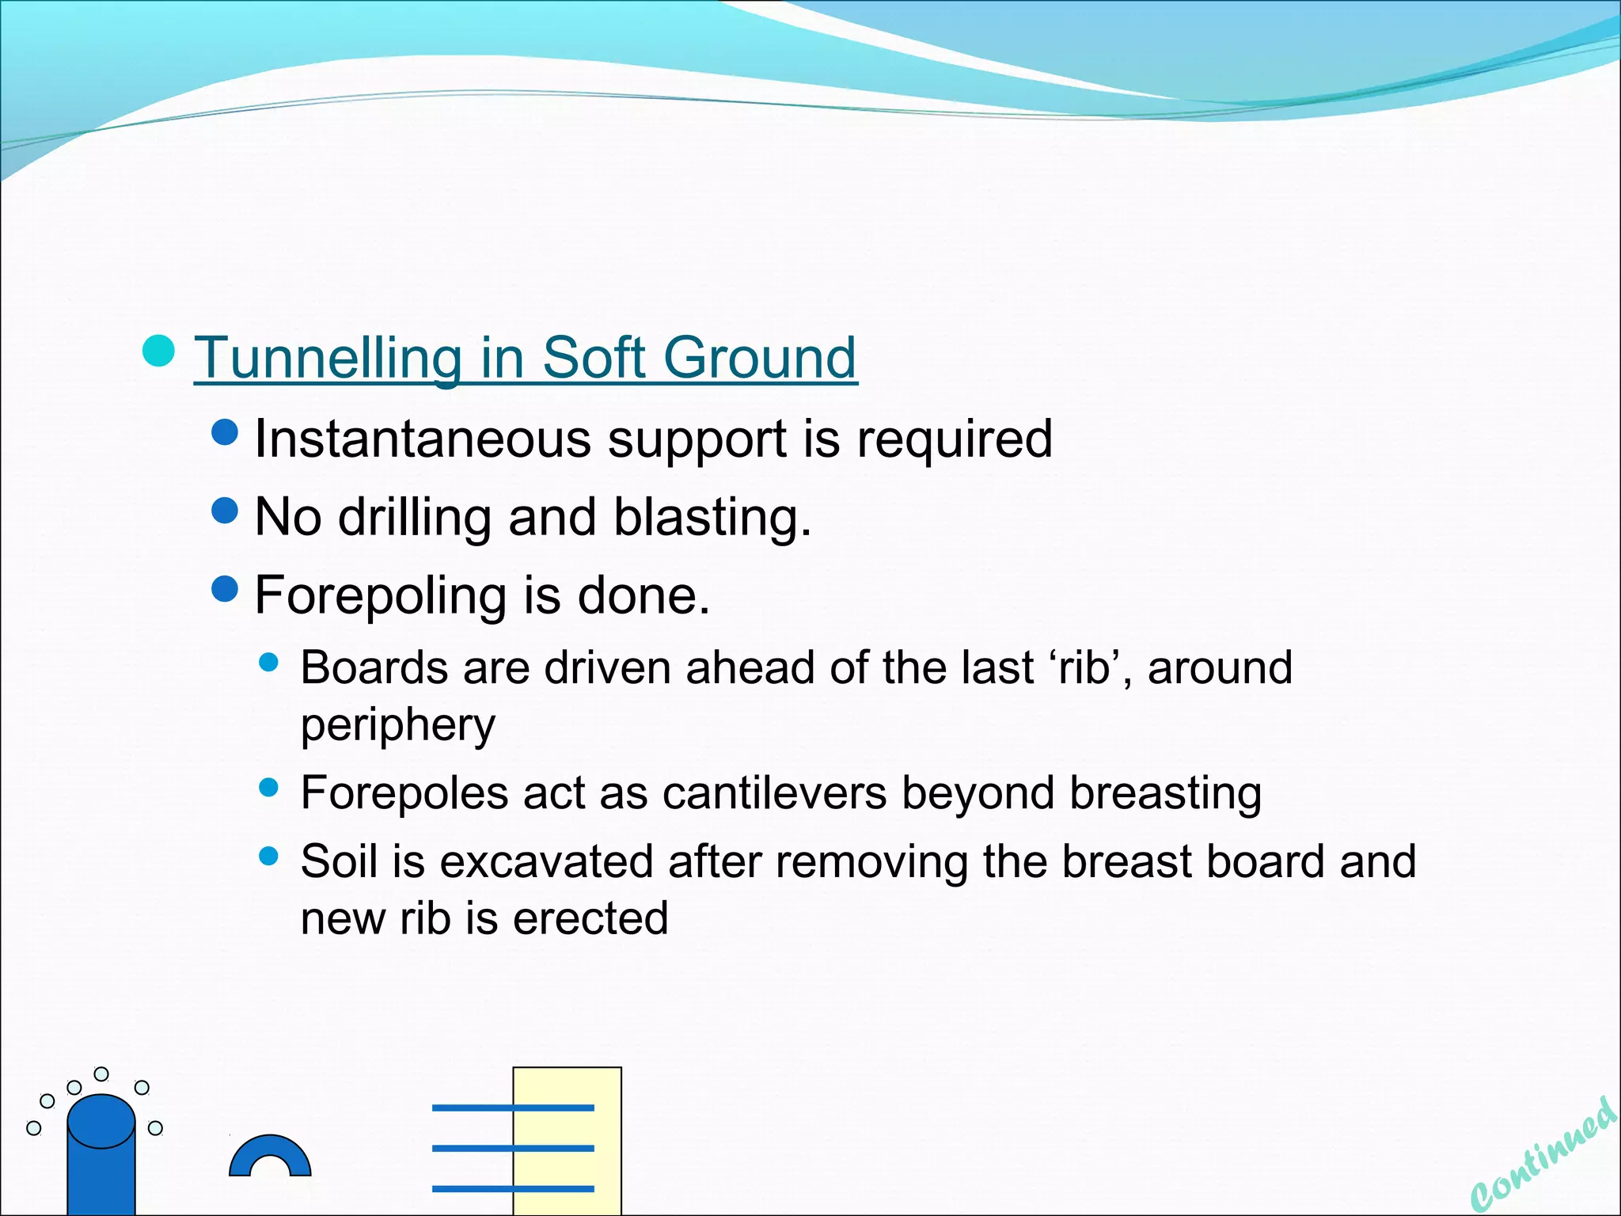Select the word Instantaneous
pos(423,439)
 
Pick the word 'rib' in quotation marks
pos(1084,667)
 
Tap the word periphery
pos(398,724)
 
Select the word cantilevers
pos(774,792)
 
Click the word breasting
pos(1166,792)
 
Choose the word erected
pos(590,918)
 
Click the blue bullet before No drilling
pos(226,511)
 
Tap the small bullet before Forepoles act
pos(269,787)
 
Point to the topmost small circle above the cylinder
pos(101,1073)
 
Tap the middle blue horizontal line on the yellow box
pos(513,1148)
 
